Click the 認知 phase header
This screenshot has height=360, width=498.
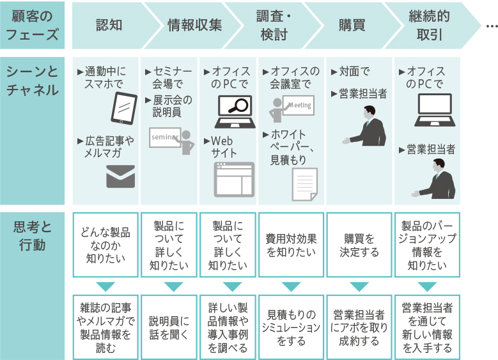[109, 26]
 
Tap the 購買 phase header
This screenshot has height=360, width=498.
[352, 26]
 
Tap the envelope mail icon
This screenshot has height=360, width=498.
[120, 176]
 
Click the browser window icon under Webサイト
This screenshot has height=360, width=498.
[233, 178]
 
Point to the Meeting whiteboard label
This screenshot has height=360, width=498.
[300, 105]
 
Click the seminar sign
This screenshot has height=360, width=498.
[165, 137]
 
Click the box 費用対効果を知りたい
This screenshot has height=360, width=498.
[291, 245]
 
